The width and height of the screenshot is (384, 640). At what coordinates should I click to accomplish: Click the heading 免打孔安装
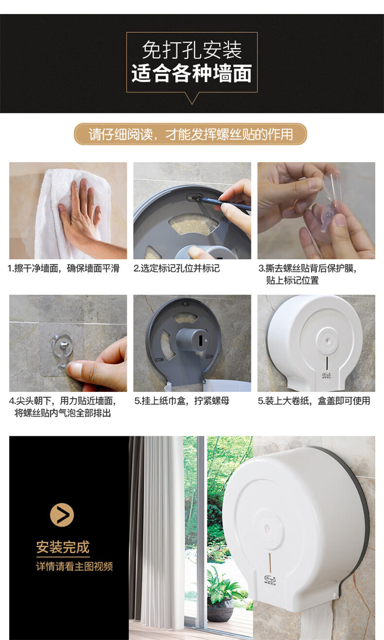(x=192, y=51)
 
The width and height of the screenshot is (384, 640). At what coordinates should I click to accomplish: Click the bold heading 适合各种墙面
(x=192, y=74)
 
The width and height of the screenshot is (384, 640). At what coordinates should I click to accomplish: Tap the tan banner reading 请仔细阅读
(x=190, y=134)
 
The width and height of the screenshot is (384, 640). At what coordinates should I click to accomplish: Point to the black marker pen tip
(x=195, y=197)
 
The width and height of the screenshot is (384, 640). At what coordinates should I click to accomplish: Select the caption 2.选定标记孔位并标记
(x=177, y=268)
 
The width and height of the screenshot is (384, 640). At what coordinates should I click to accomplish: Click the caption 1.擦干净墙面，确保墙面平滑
(x=63, y=268)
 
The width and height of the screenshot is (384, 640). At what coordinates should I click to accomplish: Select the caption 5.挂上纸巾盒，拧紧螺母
(x=182, y=401)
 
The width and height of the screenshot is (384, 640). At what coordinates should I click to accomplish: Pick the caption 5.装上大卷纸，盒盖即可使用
(x=314, y=401)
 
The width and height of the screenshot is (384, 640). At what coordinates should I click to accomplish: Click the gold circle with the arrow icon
(x=62, y=515)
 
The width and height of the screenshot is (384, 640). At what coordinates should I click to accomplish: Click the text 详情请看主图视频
(x=74, y=566)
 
